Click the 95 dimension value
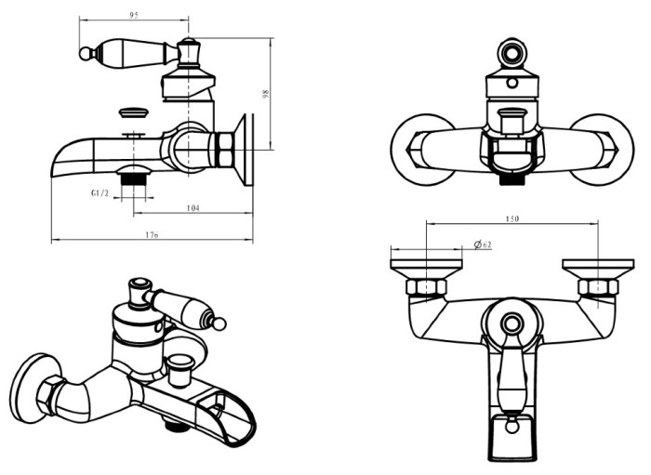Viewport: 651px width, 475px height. pyautogui.click(x=134, y=14)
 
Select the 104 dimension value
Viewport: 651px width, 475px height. pyautogui.click(x=193, y=207)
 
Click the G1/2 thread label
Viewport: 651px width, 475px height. pyautogui.click(x=101, y=192)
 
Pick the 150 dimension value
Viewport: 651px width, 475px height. pyautogui.click(x=511, y=218)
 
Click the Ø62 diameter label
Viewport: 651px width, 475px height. pyautogui.click(x=482, y=244)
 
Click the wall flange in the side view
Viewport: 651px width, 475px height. pyautogui.click(x=248, y=149)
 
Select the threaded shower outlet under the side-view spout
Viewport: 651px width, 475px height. pyautogui.click(x=137, y=178)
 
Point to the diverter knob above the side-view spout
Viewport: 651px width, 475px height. pyautogui.click(x=134, y=114)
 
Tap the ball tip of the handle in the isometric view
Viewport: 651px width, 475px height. pyautogui.click(x=220, y=323)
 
